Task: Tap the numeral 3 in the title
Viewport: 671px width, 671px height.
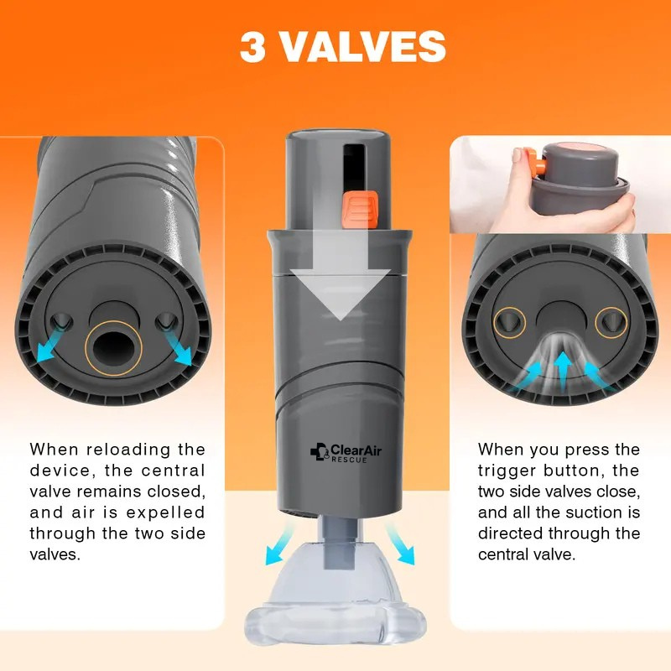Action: [x=252, y=47]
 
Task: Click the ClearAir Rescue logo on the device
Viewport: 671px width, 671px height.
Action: [x=346, y=452]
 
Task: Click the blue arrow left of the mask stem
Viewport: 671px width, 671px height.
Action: [x=279, y=544]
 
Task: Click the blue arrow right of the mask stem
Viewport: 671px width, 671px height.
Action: [x=400, y=544]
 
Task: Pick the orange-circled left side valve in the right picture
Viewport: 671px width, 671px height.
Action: [x=509, y=322]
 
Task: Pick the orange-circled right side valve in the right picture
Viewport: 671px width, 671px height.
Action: [x=611, y=322]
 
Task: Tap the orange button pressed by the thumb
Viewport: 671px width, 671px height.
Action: [x=536, y=161]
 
